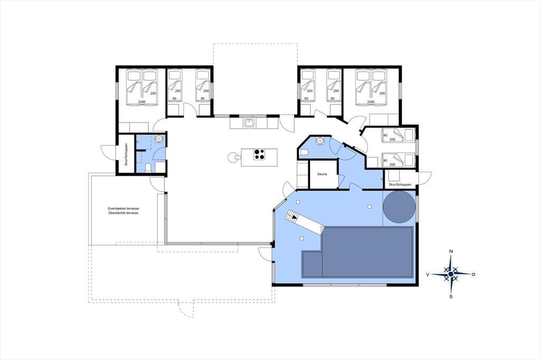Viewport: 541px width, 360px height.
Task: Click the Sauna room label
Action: point(322,174)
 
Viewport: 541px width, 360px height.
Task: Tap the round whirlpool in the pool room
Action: point(399,207)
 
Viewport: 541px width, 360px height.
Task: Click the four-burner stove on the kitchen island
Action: point(259,154)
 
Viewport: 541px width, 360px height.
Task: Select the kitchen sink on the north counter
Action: point(249,123)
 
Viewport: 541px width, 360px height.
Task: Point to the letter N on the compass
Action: point(451,251)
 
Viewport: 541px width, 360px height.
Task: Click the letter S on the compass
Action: point(451,297)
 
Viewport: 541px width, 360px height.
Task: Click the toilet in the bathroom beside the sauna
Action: point(304,153)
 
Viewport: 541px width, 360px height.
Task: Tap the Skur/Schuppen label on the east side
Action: point(400,185)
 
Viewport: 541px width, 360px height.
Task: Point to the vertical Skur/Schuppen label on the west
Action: point(126,154)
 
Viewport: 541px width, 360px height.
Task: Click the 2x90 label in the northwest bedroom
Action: point(142,102)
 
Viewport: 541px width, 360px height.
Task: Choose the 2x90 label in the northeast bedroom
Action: point(371,102)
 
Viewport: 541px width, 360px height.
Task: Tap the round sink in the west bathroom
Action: point(160,139)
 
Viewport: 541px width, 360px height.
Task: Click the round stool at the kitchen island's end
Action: point(232,157)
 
